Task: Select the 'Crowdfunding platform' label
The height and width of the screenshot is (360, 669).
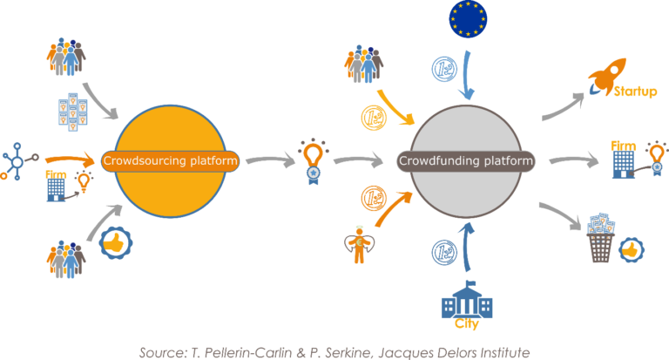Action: click(x=465, y=161)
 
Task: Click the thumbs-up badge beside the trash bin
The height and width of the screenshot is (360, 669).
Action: click(x=631, y=250)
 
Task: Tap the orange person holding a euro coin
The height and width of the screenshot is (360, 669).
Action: click(x=355, y=246)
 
